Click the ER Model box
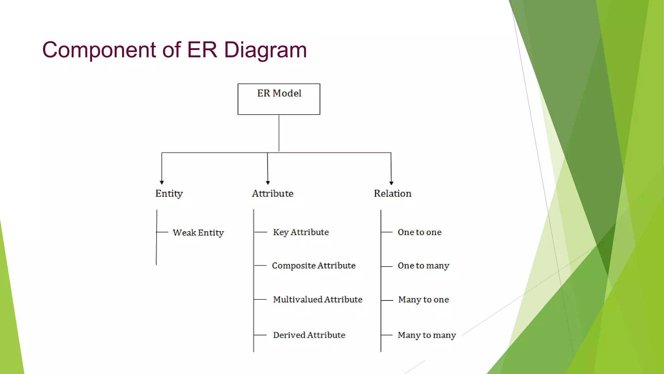tap(279, 99)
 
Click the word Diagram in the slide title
tap(265, 50)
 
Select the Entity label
tap(169, 193)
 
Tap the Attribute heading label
tap(273, 193)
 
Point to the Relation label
tap(393, 193)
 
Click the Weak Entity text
tap(198, 233)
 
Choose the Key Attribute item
tap(301, 232)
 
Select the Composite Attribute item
tap(314, 266)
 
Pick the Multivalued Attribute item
tap(317, 299)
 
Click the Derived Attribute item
tap(309, 335)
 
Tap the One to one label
tap(420, 232)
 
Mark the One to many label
tap(423, 266)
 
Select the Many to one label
tap(423, 300)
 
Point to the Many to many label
tap(427, 335)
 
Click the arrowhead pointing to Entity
tap(162, 182)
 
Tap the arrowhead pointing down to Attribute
tap(268, 182)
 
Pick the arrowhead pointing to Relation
tap(391, 183)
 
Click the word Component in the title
tap(99, 50)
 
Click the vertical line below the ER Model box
tap(279, 133)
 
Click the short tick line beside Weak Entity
tap(162, 232)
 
